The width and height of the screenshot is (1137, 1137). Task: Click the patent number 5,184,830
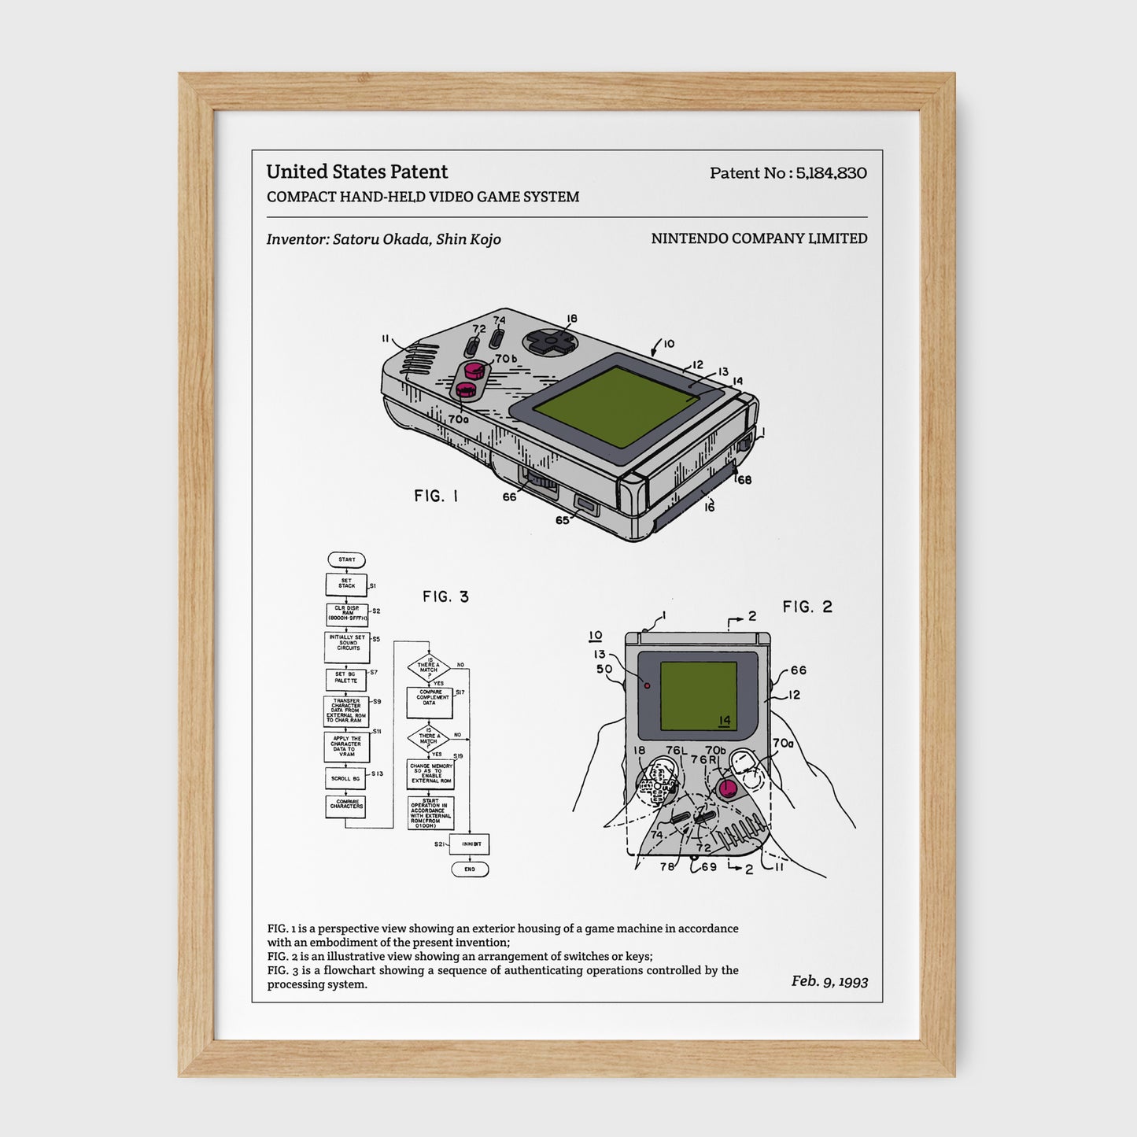[x=831, y=173]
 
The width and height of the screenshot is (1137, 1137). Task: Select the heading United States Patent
[x=356, y=172]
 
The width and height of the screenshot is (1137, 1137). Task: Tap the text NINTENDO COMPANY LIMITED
[x=759, y=238]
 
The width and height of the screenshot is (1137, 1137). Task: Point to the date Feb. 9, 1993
[x=829, y=980]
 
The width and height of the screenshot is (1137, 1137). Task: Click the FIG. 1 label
[x=436, y=496]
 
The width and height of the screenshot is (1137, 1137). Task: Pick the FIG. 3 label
[x=445, y=596]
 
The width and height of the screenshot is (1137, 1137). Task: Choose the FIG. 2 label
[x=807, y=607]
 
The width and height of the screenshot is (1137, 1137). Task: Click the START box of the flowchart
[x=346, y=559]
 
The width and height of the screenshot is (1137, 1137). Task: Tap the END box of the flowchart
[x=470, y=869]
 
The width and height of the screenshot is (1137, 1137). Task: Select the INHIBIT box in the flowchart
[x=471, y=844]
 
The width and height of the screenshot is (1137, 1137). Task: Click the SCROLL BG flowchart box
[x=345, y=778]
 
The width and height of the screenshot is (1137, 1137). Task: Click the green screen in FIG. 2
[x=698, y=696]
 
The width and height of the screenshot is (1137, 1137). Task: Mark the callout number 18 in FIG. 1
[x=572, y=319]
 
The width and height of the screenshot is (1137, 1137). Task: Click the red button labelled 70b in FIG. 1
[x=474, y=370]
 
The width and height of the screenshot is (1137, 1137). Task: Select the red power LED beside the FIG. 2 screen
[x=648, y=685]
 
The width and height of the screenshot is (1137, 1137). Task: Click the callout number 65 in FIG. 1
[x=562, y=520]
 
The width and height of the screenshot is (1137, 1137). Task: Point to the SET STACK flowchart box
[x=346, y=584]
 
